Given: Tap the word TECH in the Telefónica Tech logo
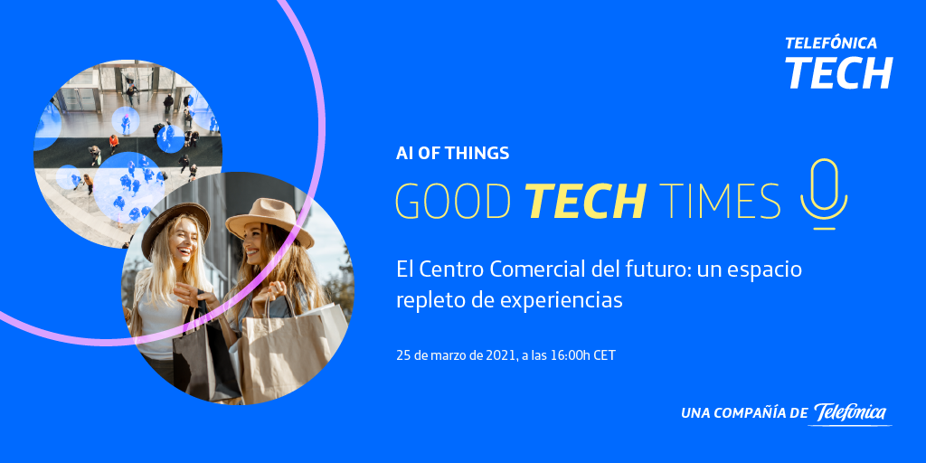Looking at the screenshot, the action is pyautogui.click(x=838, y=72).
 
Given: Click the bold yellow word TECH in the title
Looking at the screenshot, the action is pyautogui.click(x=585, y=201).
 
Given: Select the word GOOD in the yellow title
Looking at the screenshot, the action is pyautogui.click(x=453, y=201).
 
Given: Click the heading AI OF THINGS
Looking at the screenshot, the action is pyautogui.click(x=452, y=154).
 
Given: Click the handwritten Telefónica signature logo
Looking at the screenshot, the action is pyautogui.click(x=852, y=413).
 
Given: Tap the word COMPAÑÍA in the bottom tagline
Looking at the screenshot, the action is pyautogui.click(x=750, y=413).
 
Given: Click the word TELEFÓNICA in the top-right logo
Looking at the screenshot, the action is pyautogui.click(x=831, y=43).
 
